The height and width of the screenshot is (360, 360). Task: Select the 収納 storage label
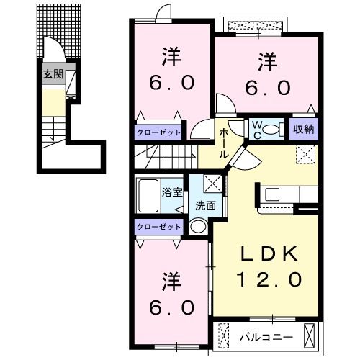click(303, 130)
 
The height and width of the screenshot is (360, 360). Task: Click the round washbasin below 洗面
click(199, 226)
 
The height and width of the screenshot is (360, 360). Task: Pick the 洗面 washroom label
click(205, 204)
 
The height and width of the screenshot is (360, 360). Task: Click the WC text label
click(256, 130)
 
